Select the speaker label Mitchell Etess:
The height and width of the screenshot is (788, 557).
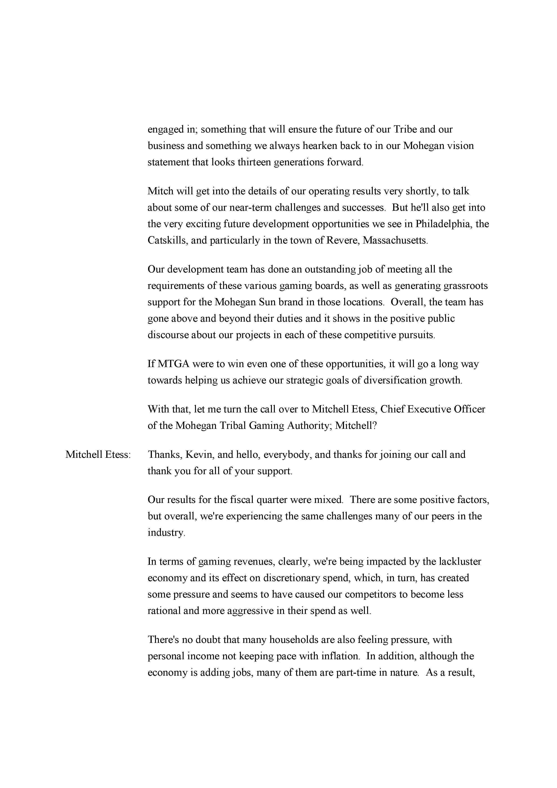pyautogui.click(x=98, y=454)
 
